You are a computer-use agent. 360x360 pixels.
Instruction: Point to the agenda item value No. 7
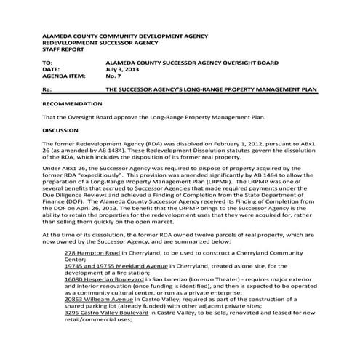[x=114, y=77]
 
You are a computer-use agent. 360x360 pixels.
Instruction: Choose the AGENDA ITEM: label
[x=65, y=77]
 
